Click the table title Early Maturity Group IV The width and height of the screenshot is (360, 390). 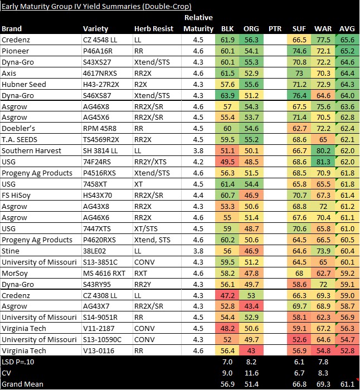pos(96,7)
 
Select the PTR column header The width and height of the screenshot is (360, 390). pos(274,28)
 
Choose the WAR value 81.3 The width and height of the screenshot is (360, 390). pos(323,162)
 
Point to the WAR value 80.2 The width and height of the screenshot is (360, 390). pos(323,151)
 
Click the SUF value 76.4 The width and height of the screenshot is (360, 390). pos(299,95)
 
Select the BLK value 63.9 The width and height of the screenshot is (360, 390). pos(227,95)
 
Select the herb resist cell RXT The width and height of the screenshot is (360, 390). pos(142,273)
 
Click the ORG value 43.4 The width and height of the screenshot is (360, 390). pos(251,306)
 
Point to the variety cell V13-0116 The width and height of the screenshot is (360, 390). pos(99,351)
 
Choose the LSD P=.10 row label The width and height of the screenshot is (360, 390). pos(20,362)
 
